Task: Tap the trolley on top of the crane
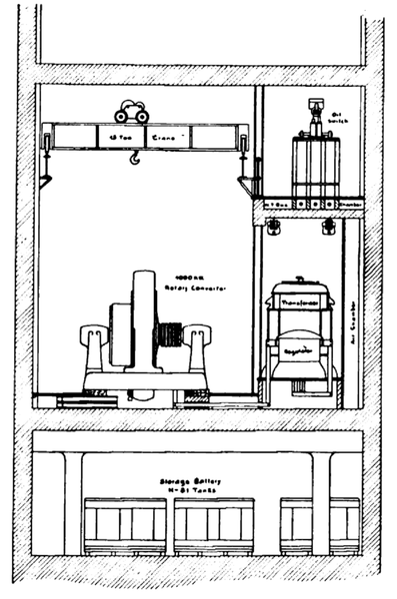click(x=131, y=112)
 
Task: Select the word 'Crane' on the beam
click(x=173, y=136)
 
